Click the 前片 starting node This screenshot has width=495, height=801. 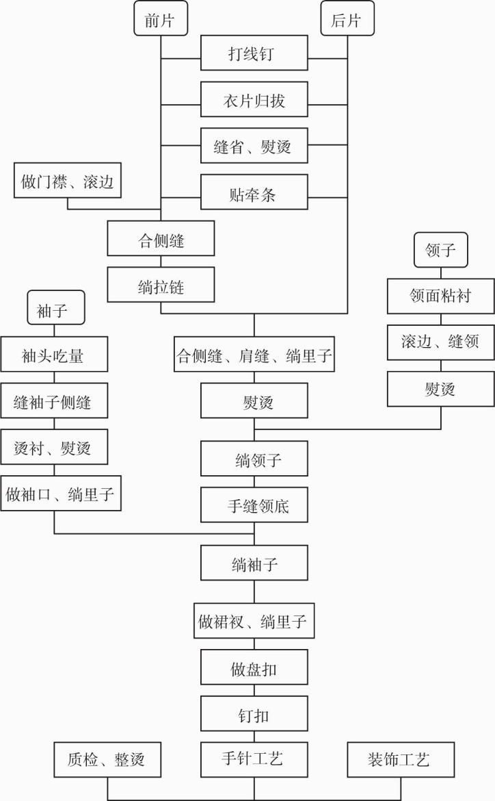[161, 21]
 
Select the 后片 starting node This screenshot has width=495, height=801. [348, 21]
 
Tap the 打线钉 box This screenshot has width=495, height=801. [254, 53]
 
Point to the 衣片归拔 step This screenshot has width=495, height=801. [254, 99]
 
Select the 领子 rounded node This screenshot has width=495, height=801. [441, 251]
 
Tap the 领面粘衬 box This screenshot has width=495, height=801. [441, 296]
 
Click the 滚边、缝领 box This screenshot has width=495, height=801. [441, 342]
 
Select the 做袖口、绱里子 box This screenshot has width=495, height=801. [62, 493]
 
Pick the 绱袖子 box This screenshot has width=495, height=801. [254, 563]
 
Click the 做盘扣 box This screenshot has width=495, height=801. [254, 667]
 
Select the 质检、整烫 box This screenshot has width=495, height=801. [108, 759]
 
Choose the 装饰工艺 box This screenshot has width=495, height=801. [399, 759]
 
